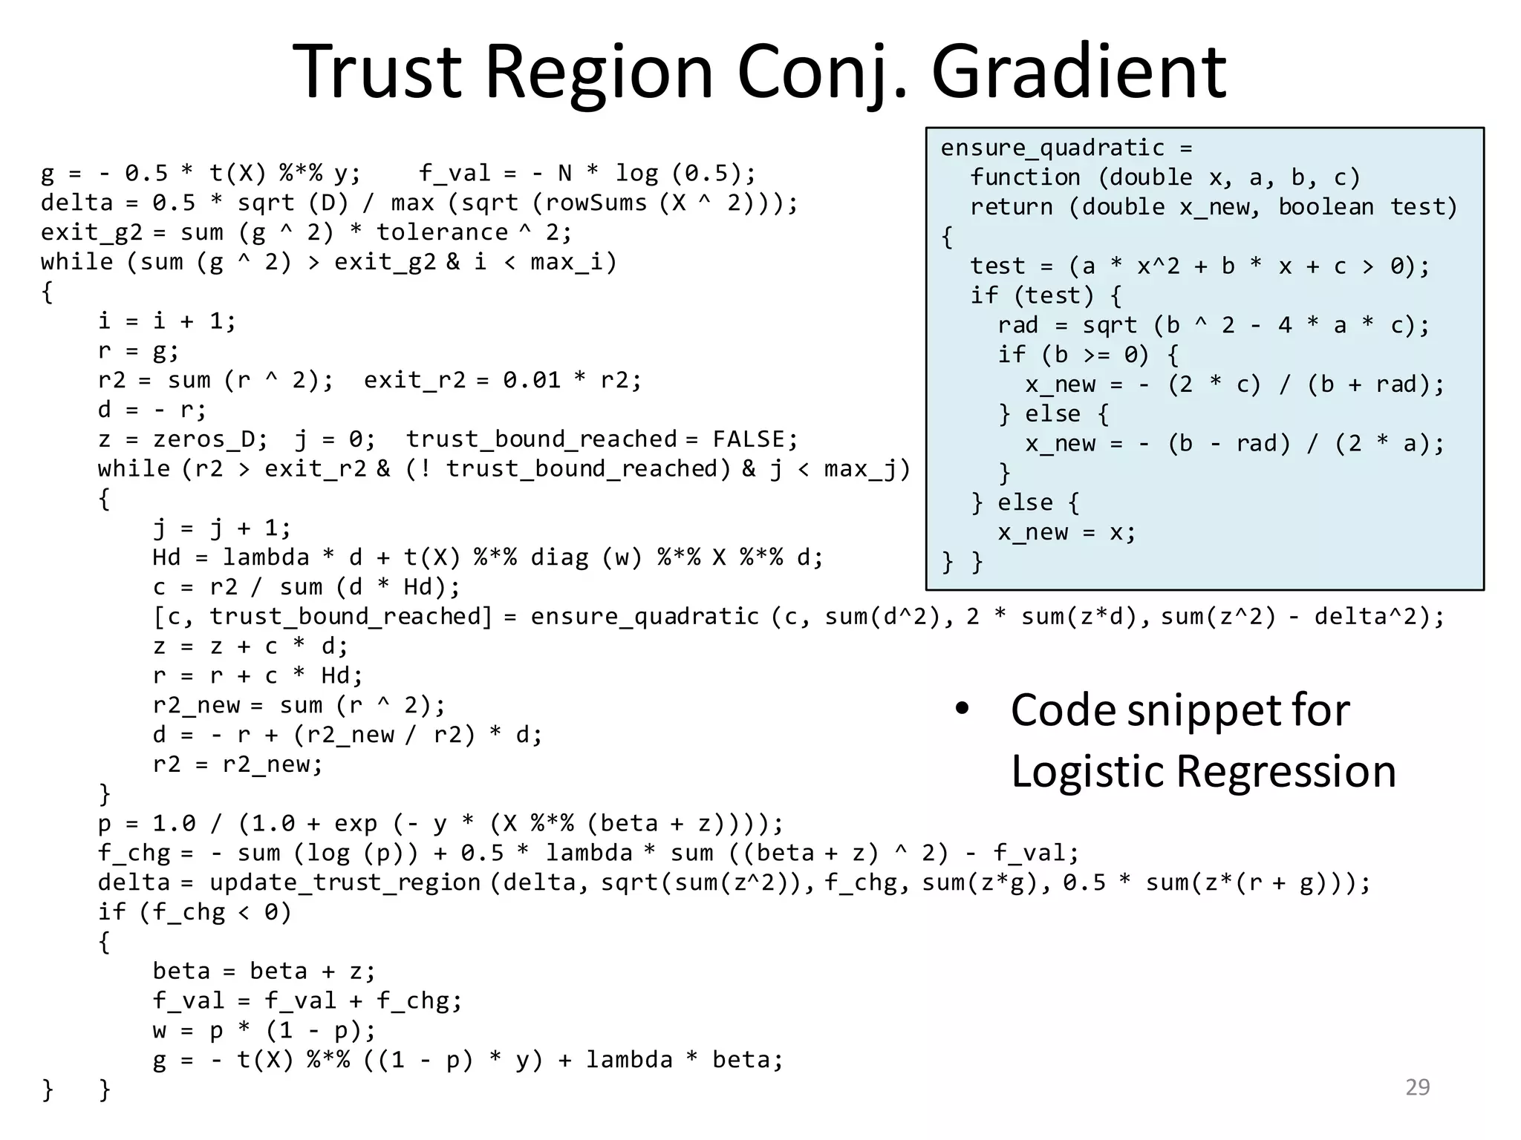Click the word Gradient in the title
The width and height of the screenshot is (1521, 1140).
[1078, 72]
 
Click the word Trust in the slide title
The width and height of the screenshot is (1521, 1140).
[377, 72]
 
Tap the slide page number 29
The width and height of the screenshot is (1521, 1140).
[1417, 1087]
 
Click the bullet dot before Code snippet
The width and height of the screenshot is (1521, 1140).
[963, 710]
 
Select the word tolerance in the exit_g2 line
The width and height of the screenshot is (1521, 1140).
[442, 232]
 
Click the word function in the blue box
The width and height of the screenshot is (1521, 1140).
[1025, 177]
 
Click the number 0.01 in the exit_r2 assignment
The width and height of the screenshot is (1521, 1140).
[531, 380]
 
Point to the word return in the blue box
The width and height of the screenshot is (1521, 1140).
[1011, 207]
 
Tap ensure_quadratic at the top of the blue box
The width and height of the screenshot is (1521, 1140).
[1052, 148]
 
